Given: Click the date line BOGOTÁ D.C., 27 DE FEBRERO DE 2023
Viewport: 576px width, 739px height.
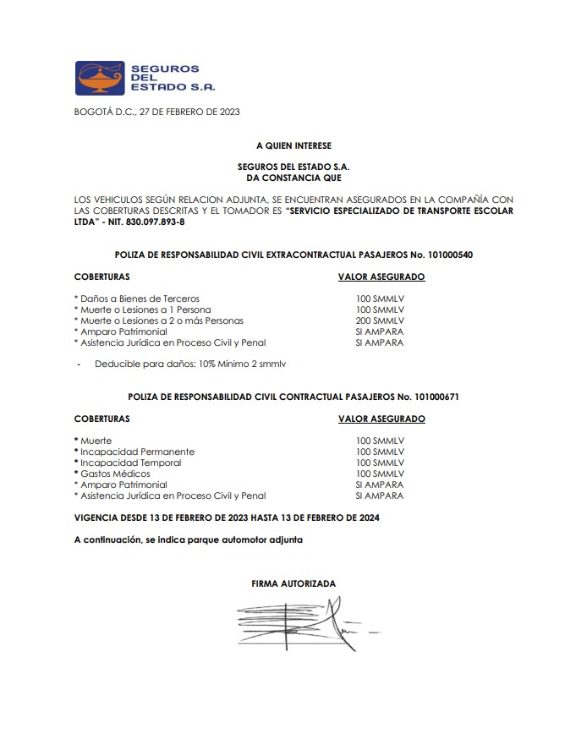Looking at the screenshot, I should pos(157,112).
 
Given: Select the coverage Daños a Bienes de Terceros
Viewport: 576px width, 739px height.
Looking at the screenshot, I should pos(137,299).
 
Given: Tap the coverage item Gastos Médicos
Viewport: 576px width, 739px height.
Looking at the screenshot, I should pos(115,474).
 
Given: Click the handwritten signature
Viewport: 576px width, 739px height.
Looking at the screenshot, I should pos(296,624).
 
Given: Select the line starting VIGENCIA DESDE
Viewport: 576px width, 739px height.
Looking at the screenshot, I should pos(226,517).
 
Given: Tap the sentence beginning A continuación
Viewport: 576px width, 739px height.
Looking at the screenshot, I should pos(188,539).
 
